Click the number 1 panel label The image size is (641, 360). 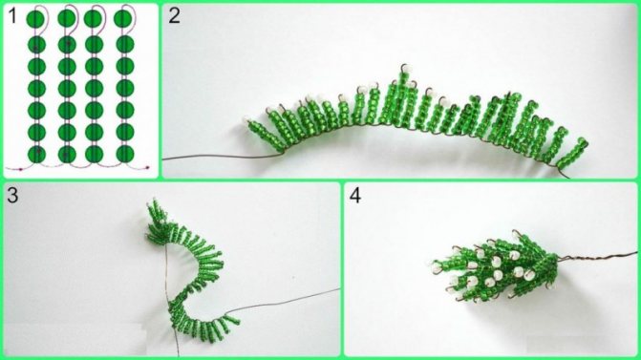point(12,17)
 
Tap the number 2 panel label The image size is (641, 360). point(174,16)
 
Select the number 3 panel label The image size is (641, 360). point(12,196)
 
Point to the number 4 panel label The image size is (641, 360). point(354,196)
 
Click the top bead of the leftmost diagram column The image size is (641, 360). point(36,18)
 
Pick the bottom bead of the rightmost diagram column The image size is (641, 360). point(125,154)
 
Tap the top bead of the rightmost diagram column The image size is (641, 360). point(122,19)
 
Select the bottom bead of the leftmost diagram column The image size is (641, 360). point(36,154)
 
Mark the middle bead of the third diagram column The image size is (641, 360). point(94,88)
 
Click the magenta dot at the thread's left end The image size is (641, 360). point(20,168)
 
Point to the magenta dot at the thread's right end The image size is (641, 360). point(147,167)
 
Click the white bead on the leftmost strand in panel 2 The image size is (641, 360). point(246,120)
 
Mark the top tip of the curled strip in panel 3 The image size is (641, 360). point(155,200)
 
